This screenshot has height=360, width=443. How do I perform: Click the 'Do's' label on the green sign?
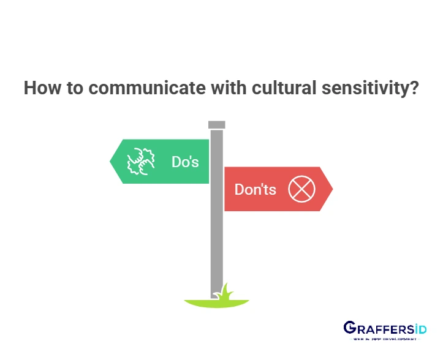[x=185, y=162]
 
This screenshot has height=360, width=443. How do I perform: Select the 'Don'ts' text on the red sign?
[x=256, y=189]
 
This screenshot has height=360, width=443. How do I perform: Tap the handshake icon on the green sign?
[x=140, y=161]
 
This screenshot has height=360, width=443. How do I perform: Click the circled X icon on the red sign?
[x=301, y=189]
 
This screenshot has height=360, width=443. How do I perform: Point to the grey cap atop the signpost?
[x=216, y=125]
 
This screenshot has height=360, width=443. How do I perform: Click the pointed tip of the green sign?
[x=112, y=162]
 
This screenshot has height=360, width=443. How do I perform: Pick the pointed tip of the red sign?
[x=330, y=189]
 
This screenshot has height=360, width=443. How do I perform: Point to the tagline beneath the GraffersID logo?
[x=384, y=339]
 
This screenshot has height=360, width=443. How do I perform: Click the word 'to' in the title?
[x=73, y=88]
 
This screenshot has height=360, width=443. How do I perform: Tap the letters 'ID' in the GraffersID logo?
[x=418, y=328]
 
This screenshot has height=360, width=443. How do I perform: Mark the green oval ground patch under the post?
[x=202, y=302]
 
